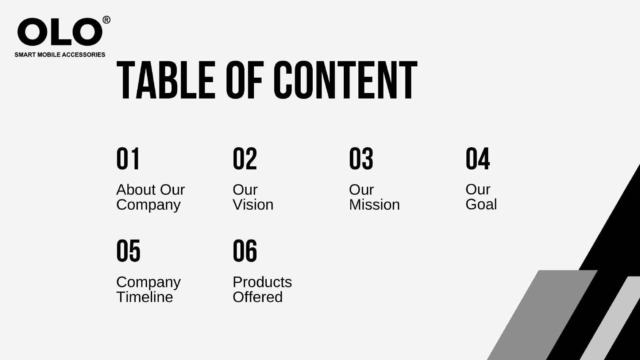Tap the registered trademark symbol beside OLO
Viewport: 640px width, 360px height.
coord(106,20)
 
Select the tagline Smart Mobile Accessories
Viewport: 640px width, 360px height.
coord(60,55)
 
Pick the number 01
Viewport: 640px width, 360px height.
coord(128,159)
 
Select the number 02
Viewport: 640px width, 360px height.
coord(245,159)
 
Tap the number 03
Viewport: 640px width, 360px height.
coord(361,159)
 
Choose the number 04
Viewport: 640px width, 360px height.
coord(478,159)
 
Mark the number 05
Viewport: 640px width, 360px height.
coord(128,251)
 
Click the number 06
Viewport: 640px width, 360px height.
coord(245,251)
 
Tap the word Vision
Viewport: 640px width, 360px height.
coord(253,205)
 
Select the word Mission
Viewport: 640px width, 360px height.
coord(374,205)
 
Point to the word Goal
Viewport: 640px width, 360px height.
coord(481,204)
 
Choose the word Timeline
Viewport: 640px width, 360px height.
coord(144,297)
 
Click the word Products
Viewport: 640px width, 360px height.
coord(262,282)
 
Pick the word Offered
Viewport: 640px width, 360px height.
coord(258,297)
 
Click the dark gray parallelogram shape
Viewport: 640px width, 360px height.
coord(542,315)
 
